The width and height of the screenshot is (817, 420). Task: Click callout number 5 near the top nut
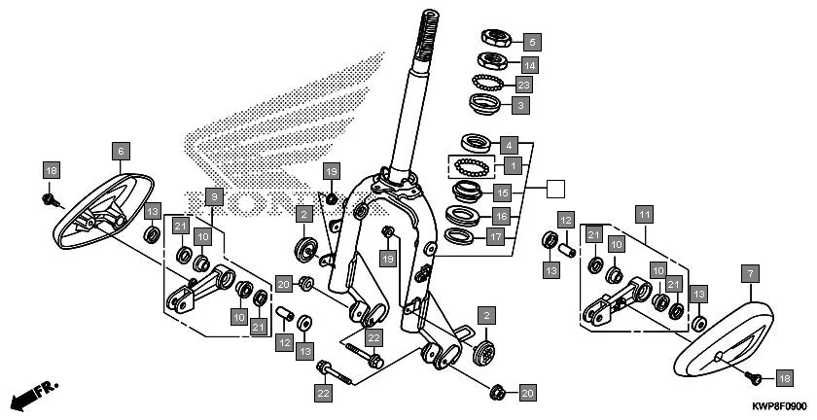pos(531,42)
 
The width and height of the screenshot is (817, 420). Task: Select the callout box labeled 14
pos(530,65)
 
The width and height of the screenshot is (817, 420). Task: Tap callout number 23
pos(523,86)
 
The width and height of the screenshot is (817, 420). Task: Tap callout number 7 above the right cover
pos(751,275)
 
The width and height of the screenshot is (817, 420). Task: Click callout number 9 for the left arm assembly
pos(216,195)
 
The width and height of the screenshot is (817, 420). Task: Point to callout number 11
pos(643,212)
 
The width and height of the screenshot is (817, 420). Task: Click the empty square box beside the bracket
pos(554,190)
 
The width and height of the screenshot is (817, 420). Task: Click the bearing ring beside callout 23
pos(488,83)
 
